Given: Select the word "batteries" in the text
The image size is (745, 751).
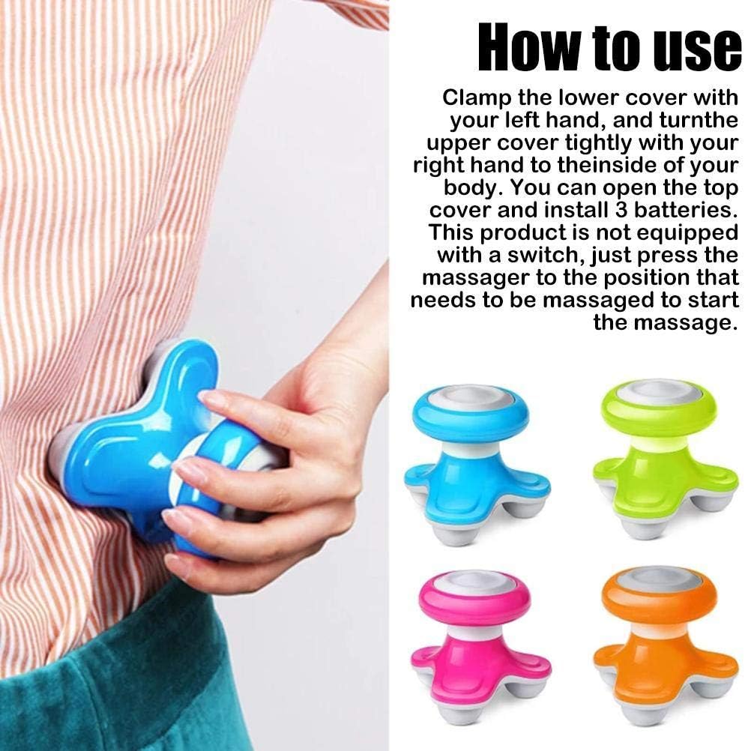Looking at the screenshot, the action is [685, 211].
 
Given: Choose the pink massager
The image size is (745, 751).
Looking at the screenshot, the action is [480, 648].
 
